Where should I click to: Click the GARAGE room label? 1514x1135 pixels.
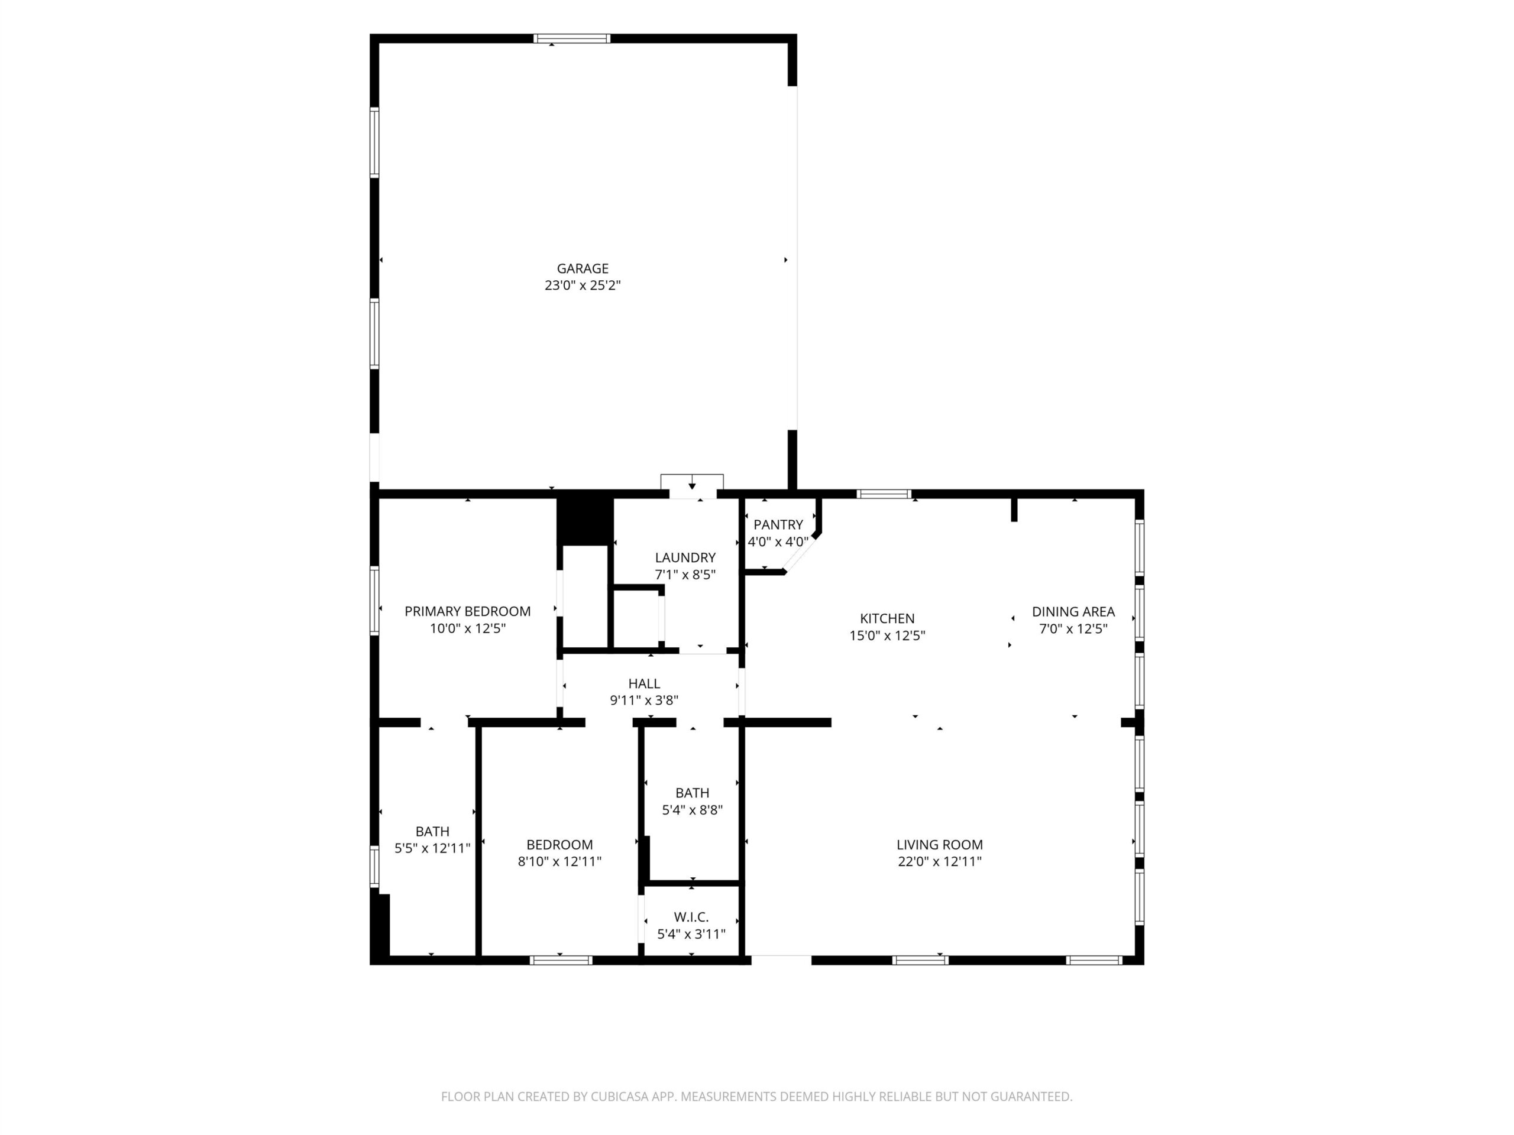583,269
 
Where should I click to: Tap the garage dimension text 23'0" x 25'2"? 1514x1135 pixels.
583,286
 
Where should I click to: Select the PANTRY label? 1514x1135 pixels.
778,525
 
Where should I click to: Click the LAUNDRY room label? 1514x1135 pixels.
685,557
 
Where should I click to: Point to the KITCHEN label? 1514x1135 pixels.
887,618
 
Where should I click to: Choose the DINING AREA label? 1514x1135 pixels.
1073,612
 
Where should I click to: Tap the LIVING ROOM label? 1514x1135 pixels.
940,845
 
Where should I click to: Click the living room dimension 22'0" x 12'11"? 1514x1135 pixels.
940,861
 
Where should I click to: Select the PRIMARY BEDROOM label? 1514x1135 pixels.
467,611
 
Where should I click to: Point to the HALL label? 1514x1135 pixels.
644,683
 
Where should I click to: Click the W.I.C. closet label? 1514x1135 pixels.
691,917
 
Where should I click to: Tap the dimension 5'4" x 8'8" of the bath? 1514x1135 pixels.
692,810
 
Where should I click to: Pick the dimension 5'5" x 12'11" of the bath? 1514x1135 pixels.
432,848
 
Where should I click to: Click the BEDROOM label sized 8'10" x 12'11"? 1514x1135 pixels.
559,845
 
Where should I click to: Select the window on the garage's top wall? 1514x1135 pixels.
571,38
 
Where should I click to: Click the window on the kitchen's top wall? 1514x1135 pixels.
884,494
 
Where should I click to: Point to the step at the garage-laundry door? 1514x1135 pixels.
692,482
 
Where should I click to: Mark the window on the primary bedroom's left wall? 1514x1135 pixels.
374,601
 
